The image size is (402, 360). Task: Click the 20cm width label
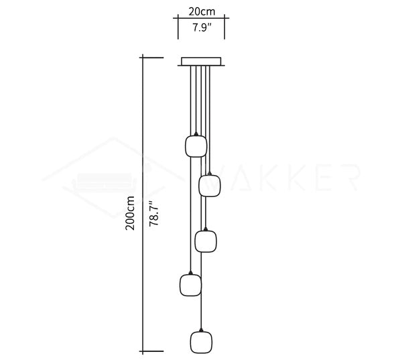[x=202, y=11]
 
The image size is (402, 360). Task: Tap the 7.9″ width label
[x=202, y=27]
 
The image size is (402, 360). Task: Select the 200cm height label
[x=130, y=213]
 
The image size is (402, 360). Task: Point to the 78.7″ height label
[x=154, y=213]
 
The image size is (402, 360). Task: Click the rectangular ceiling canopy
[x=201, y=62]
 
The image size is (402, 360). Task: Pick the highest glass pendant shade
[x=196, y=146]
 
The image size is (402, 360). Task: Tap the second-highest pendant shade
[x=210, y=186]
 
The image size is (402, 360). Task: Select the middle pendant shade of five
[x=206, y=241]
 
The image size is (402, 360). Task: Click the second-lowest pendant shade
[x=190, y=285]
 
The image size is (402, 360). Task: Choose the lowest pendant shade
[x=201, y=343]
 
